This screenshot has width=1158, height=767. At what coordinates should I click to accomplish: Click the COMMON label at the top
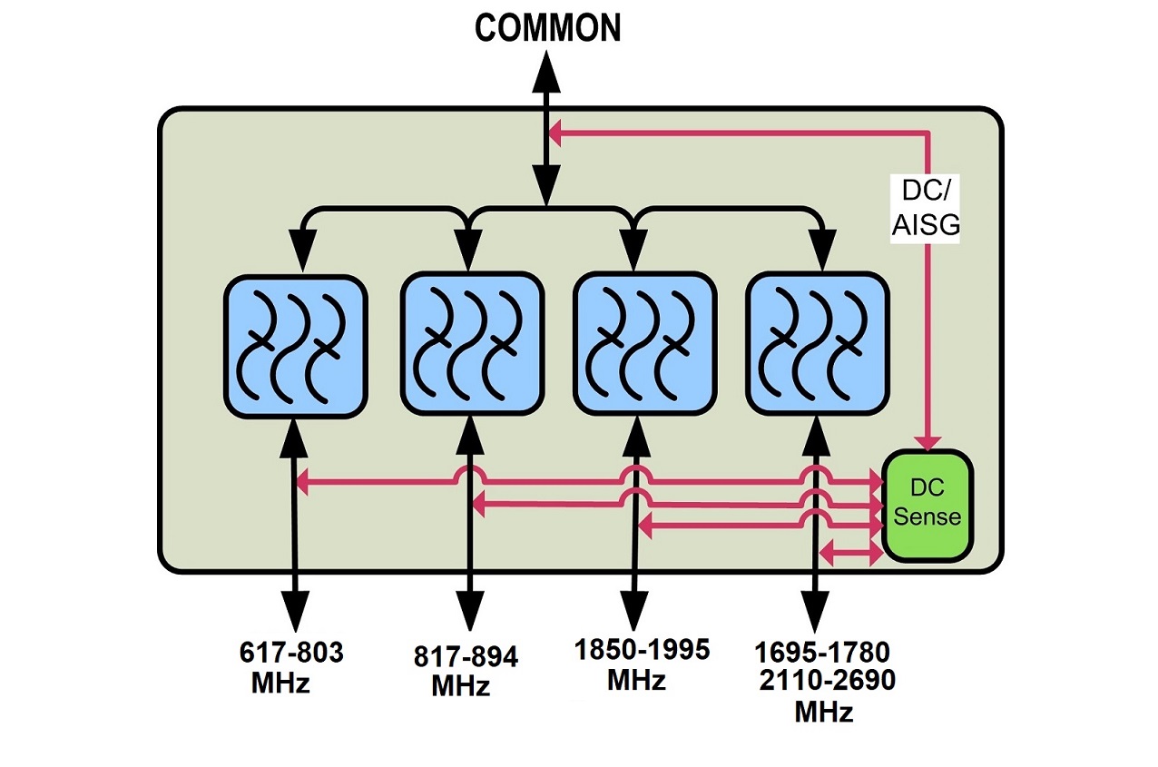547,27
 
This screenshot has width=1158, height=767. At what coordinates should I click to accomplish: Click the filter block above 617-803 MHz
295,346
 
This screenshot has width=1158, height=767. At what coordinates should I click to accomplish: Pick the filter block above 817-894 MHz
472,346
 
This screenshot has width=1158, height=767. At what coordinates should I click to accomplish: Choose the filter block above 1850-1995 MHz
643,346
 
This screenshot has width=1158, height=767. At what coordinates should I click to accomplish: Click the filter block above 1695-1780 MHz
815,346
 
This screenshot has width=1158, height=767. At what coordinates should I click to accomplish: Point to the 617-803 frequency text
292,654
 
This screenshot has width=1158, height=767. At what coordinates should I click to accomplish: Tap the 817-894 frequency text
466,657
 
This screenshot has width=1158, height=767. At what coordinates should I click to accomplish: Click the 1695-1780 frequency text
822,652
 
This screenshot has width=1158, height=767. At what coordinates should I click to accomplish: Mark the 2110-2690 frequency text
827,681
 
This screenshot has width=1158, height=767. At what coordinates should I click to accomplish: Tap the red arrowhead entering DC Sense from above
927,439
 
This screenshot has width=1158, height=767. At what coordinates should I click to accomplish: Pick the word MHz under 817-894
460,685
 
